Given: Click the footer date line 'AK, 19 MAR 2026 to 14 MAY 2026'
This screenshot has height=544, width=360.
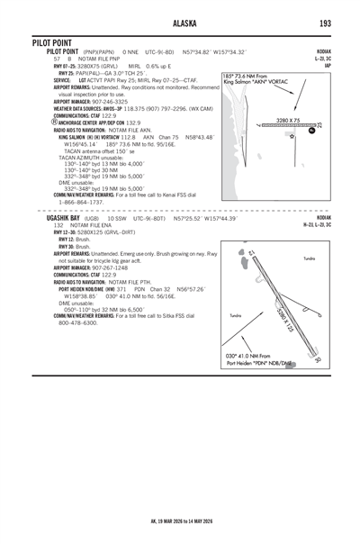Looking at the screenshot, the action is [180, 519].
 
